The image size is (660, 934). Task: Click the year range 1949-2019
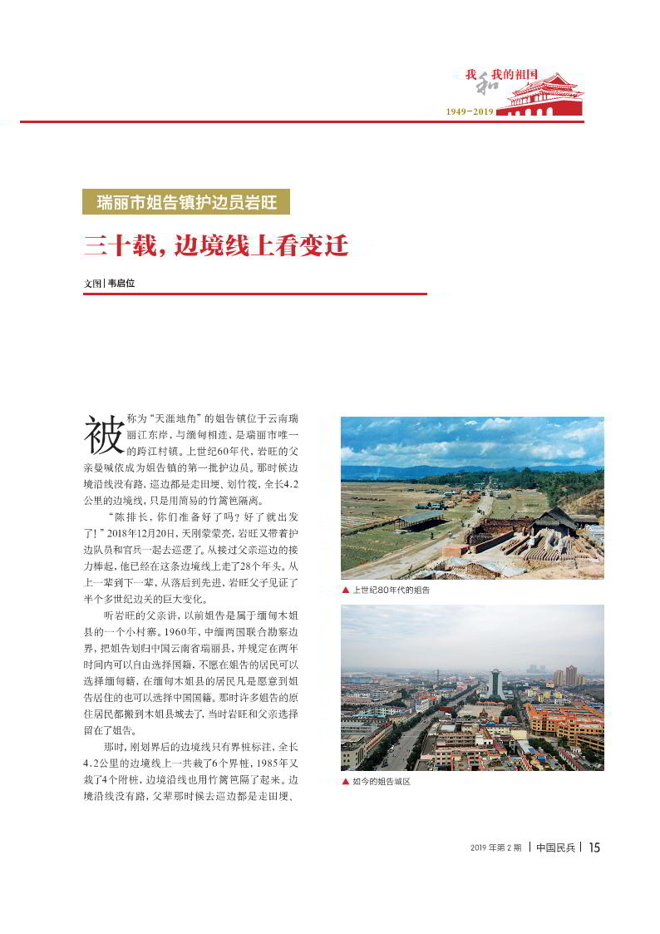coord(470,111)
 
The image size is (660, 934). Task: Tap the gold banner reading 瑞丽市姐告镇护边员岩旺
coord(186,202)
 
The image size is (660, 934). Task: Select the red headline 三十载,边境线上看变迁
coord(215,246)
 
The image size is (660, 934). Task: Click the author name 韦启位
coord(121,283)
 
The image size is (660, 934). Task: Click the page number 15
coord(594,848)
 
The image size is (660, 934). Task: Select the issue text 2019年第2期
coord(495,848)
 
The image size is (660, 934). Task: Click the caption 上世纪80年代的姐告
coord(391,590)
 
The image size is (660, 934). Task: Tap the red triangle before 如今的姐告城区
coord(345,782)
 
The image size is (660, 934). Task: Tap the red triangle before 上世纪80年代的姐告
coord(345,590)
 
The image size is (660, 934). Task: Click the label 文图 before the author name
coord(92,283)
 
